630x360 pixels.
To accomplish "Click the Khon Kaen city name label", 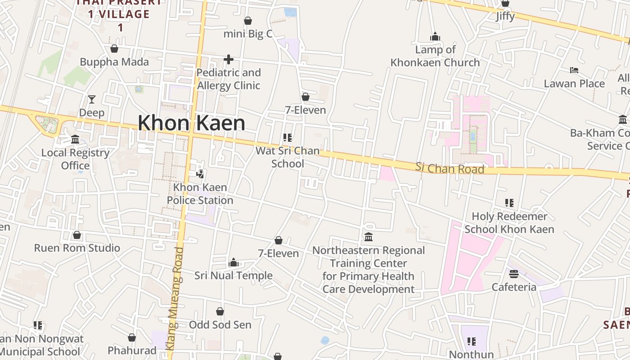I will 191,123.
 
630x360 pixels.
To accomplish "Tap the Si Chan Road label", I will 450,168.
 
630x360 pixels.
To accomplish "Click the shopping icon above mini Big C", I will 248,21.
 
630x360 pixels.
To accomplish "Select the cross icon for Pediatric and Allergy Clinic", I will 229,59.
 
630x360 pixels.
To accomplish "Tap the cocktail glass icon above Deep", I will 92,99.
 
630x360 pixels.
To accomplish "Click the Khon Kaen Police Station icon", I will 200,173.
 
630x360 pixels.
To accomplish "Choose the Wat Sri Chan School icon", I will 288,137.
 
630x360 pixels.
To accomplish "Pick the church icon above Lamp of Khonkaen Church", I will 435,36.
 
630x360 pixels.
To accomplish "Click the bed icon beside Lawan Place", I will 574,70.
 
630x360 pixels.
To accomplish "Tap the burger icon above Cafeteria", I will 514,274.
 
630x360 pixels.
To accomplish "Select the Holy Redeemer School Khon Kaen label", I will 509,223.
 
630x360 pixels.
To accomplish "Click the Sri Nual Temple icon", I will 234,262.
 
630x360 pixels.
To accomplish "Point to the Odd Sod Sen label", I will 220,324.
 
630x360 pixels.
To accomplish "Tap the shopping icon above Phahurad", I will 132,337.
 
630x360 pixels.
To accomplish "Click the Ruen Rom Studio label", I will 77,248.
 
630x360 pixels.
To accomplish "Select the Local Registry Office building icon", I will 75,139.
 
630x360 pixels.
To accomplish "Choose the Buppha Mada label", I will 114,62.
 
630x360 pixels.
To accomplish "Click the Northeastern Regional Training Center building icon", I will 369,237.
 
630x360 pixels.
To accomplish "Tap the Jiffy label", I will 505,16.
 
